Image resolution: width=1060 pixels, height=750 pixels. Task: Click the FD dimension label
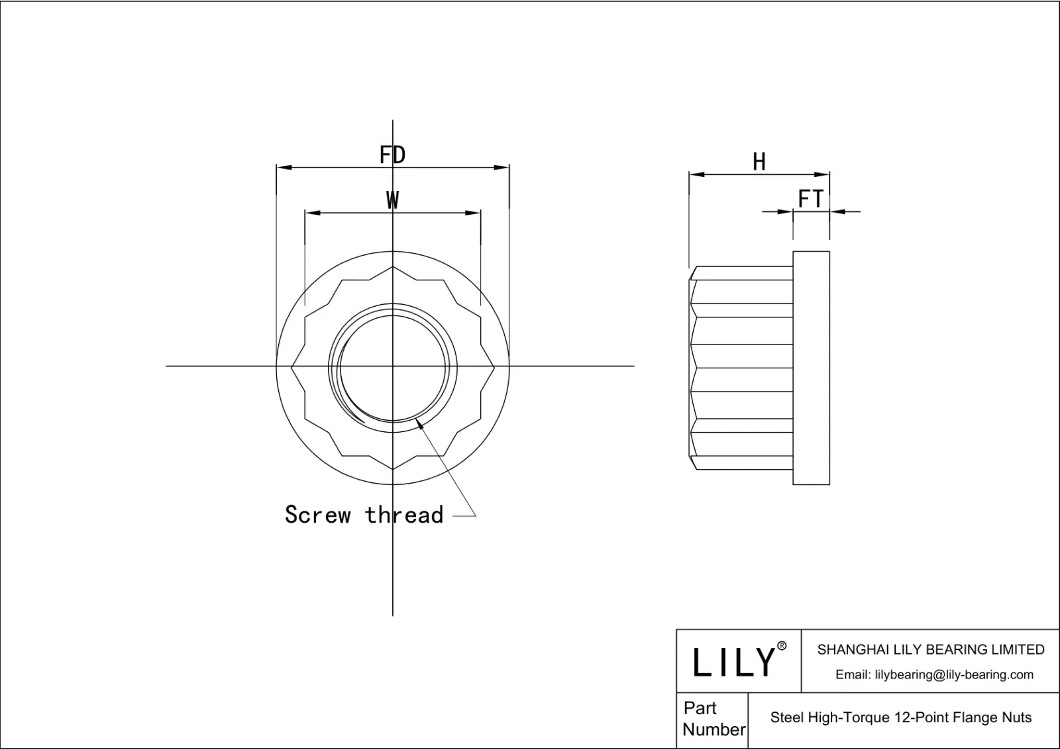coord(392,155)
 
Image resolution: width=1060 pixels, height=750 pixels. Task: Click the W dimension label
coord(393,199)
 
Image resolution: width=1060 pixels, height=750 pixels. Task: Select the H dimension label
coord(759,162)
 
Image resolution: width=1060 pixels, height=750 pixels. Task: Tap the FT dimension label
coord(810,199)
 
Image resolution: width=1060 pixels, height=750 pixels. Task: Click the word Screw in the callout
coord(317,515)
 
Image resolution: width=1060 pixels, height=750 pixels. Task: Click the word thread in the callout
coord(404,515)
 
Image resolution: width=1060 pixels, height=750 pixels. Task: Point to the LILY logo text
coord(733,662)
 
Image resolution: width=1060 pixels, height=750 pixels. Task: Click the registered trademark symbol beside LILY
coord(782,646)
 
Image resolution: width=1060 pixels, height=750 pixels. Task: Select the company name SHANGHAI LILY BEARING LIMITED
coord(930,650)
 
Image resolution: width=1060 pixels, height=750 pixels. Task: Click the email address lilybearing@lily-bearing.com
coord(934,674)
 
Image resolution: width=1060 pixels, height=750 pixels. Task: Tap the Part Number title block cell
coord(713,719)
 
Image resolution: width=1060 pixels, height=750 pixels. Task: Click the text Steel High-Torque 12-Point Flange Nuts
coord(901,718)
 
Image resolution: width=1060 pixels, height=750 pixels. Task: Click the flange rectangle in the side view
coord(811,368)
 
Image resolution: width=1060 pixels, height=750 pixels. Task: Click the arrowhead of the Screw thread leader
coord(419,424)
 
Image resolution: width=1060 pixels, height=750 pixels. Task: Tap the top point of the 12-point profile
coord(393,267)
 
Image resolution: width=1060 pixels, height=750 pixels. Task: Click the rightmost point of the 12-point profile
coord(495,366)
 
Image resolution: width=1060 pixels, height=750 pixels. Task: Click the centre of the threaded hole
coord(393,366)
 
